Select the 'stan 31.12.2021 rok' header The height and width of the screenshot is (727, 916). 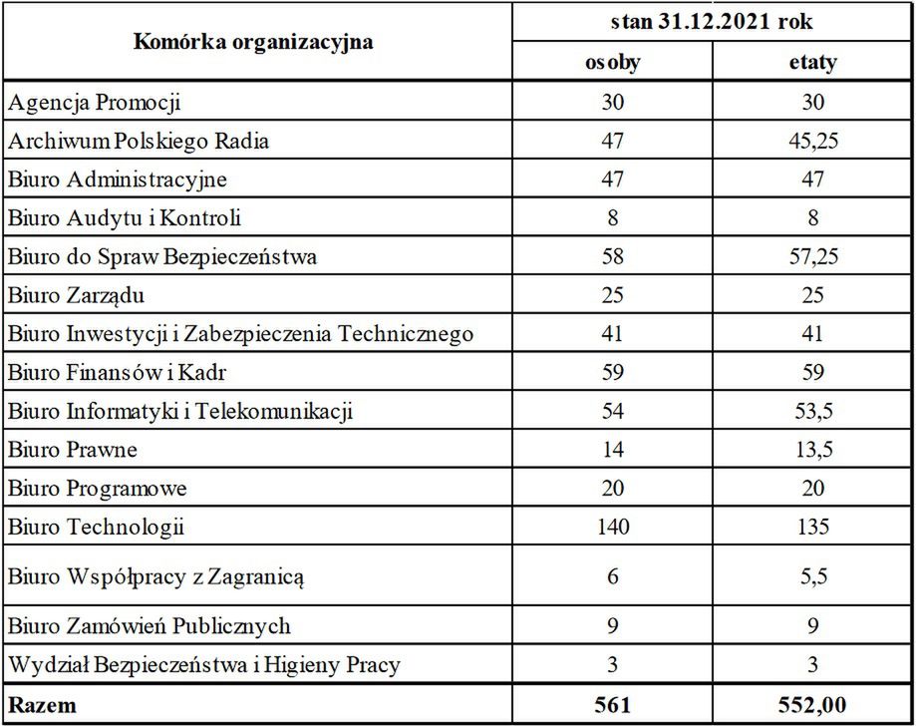click(712, 22)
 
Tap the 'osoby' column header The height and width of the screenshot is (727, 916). click(612, 63)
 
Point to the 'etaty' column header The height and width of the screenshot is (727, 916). click(812, 63)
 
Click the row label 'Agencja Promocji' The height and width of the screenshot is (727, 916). click(95, 102)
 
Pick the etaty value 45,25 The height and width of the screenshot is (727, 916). click(812, 141)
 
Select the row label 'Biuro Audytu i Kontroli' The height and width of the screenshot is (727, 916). click(125, 217)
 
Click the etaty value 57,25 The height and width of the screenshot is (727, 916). click(812, 256)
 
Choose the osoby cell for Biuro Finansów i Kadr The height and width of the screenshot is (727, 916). click(612, 373)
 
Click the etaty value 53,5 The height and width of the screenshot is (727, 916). click(812, 411)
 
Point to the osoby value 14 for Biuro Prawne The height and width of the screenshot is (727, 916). click(612, 450)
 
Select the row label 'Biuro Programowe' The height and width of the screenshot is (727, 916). click(98, 489)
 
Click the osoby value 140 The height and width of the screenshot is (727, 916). click(612, 527)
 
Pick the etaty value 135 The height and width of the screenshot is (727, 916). click(812, 527)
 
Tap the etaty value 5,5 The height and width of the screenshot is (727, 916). click(812, 575)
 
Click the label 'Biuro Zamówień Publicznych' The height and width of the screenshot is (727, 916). click(150, 626)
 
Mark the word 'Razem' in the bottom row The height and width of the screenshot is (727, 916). click(42, 705)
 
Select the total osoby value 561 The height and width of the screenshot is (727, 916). click(612, 705)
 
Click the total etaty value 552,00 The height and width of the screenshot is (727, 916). click(812, 705)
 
